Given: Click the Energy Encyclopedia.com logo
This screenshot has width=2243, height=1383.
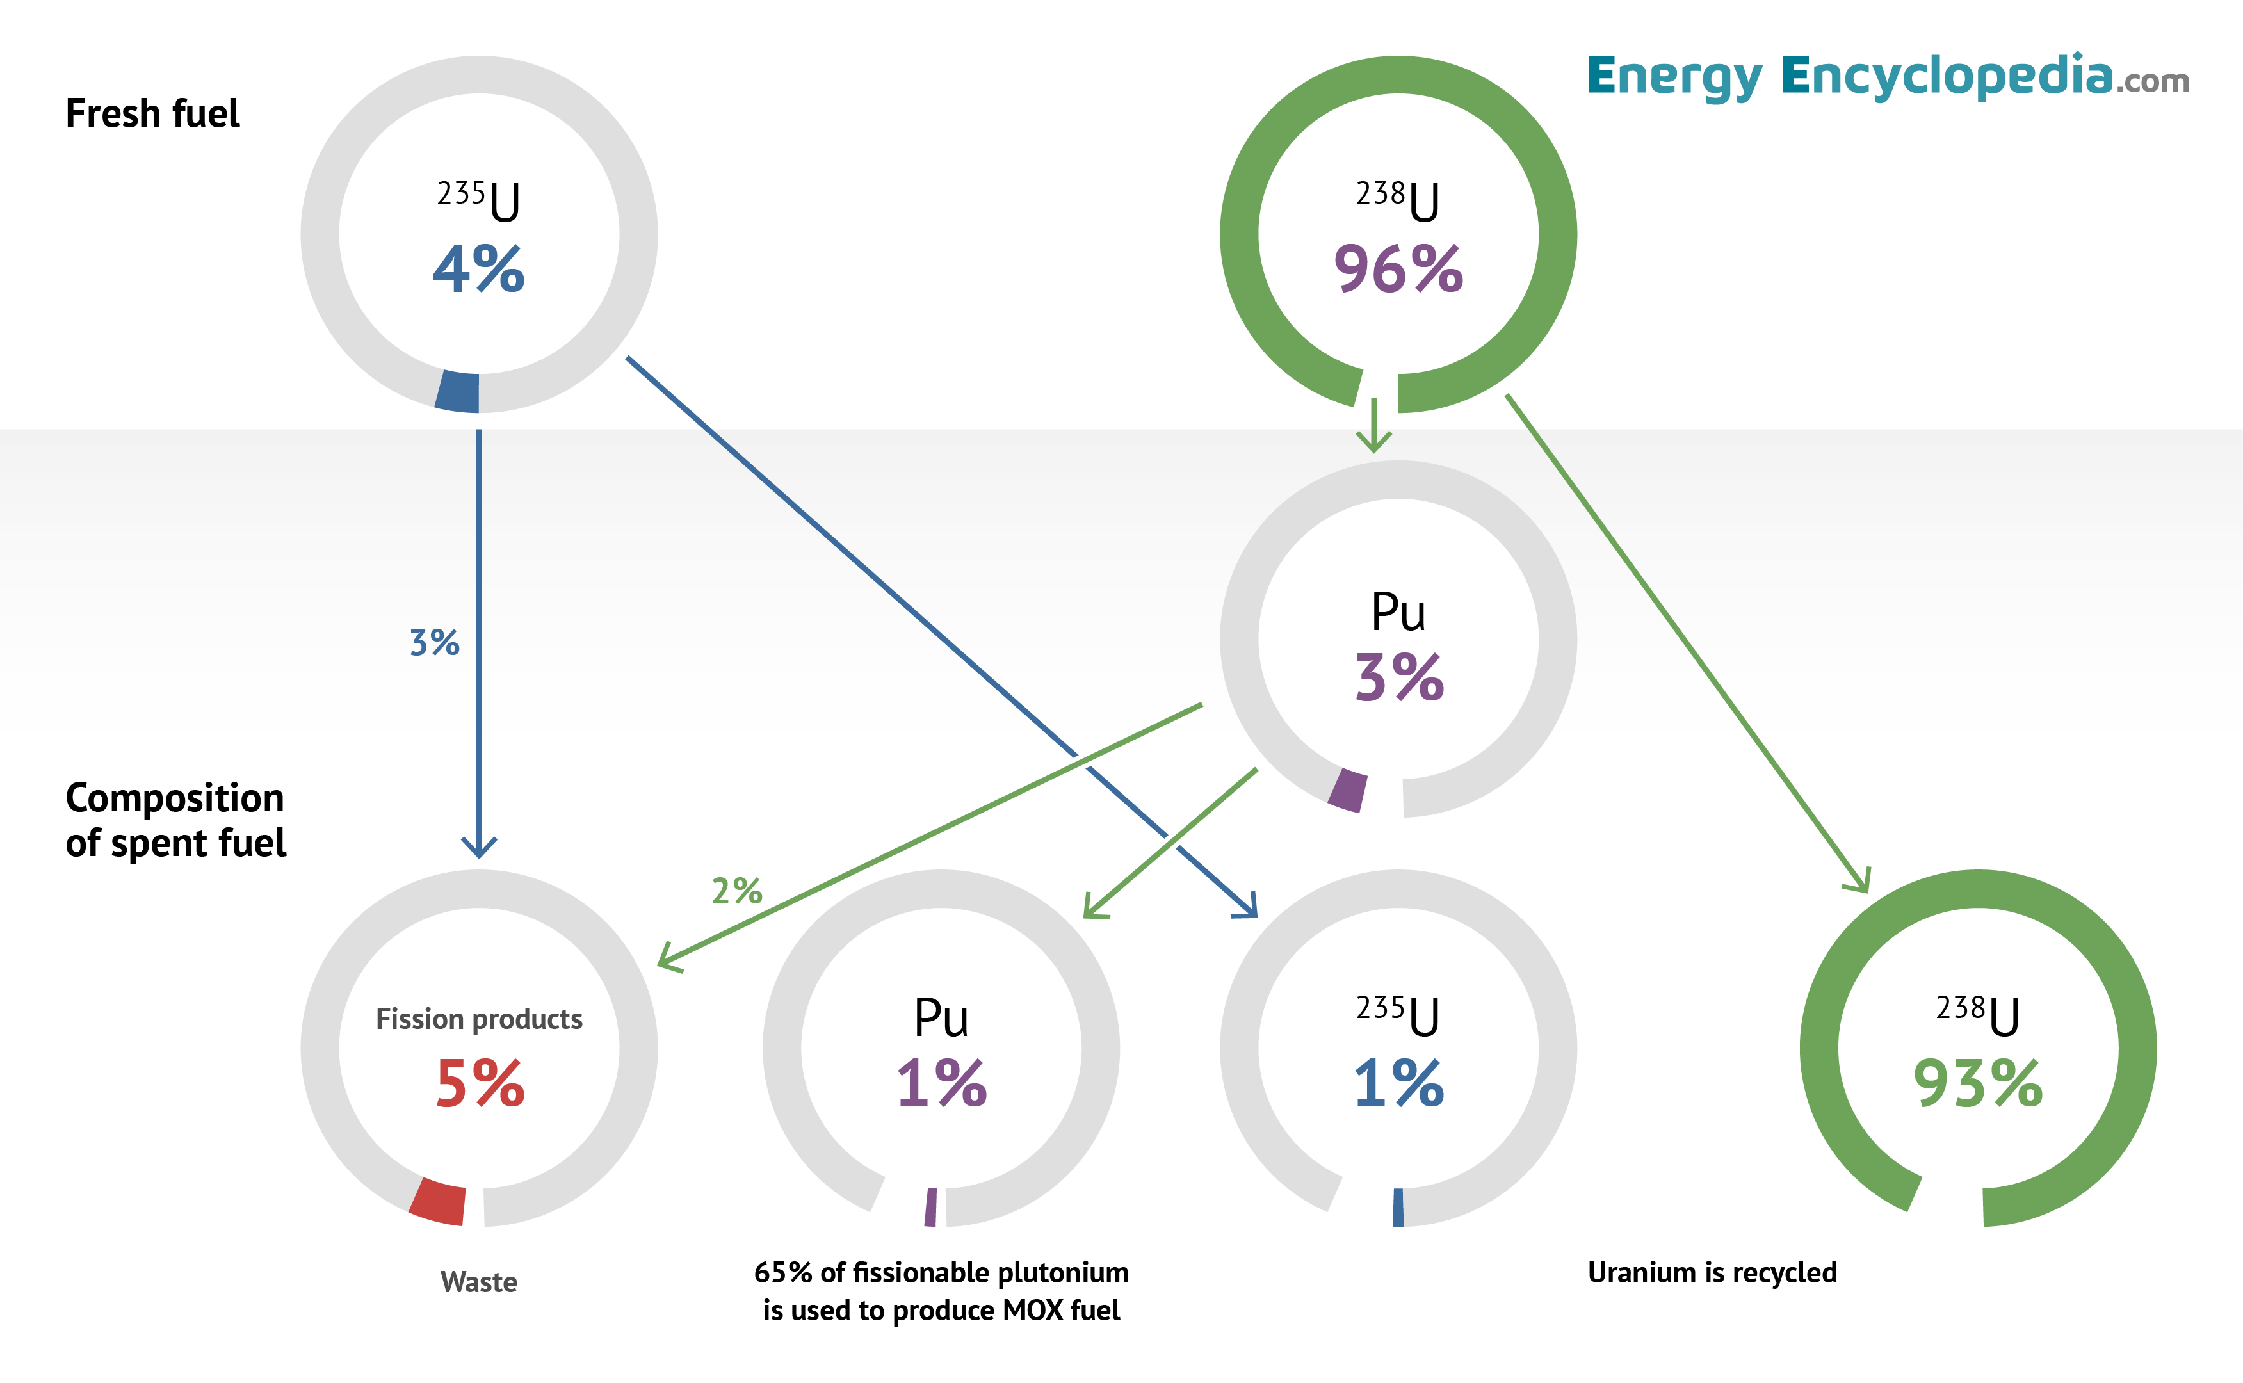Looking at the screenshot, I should [1886, 77].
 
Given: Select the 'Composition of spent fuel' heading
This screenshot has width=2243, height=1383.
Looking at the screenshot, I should [175, 820].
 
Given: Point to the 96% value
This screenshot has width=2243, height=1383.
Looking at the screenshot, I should [1398, 270].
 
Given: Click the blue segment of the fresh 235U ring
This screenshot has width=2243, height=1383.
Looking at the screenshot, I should [457, 391].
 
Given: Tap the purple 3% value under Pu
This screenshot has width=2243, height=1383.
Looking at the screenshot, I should [1398, 679].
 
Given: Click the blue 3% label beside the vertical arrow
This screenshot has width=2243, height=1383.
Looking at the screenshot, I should [433, 643].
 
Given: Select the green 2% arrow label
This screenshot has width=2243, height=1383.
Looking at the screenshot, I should [736, 891].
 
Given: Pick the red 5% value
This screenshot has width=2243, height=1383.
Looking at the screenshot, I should [480, 1085].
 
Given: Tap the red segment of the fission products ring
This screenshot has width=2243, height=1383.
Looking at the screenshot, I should [438, 1202].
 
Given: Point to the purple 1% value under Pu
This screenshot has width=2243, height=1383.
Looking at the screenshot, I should [941, 1085].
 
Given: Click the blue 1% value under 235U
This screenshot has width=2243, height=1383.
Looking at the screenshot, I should [1398, 1085].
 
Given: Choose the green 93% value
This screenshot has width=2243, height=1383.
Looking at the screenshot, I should [1978, 1085].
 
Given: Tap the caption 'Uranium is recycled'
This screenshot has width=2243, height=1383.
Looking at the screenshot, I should [1712, 1272].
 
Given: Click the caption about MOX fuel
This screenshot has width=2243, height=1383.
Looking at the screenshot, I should [941, 1291].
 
